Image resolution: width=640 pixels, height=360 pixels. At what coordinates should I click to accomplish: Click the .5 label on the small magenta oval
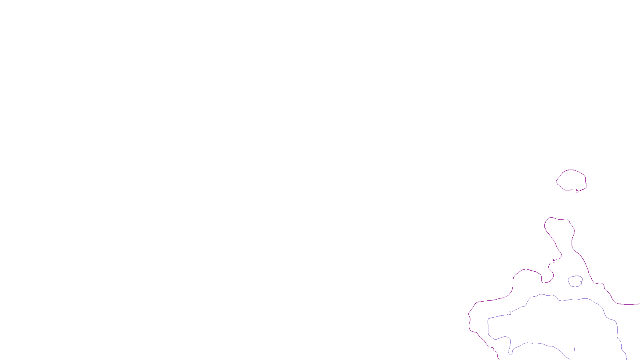(577, 191)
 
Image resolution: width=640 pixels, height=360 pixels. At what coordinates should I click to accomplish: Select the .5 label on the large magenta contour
(554, 261)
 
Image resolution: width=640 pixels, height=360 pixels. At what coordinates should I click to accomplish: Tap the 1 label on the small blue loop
(581, 283)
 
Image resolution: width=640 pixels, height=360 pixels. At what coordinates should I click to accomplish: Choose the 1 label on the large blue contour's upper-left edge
(510, 313)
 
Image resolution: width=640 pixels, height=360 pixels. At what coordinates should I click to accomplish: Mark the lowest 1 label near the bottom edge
(574, 349)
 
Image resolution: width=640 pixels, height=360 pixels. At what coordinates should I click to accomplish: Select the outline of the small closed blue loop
(569, 281)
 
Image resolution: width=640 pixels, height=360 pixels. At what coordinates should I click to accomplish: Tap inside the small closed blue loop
(575, 281)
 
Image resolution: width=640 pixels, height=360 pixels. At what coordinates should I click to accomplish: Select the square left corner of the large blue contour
(488, 319)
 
